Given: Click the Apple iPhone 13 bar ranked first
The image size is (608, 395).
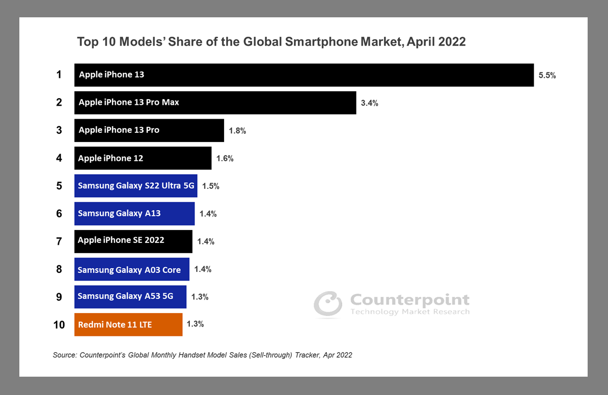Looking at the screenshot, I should [303, 75].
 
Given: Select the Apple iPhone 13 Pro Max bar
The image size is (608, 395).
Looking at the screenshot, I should [215, 103].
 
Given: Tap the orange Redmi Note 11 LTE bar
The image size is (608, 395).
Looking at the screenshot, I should [128, 325].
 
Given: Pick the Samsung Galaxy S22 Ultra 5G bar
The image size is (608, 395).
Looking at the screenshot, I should [136, 186].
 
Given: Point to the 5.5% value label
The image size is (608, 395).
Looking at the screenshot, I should [547, 75].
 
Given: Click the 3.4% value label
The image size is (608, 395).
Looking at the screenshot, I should [369, 103].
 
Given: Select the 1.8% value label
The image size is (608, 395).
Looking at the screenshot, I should [237, 131].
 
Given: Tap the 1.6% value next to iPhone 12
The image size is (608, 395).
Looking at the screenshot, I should [225, 158].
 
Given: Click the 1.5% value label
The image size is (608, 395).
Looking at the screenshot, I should [210, 186].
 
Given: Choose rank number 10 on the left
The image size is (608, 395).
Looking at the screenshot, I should [59, 325].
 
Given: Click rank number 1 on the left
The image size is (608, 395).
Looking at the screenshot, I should [59, 75].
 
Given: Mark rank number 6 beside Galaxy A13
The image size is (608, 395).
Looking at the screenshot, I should [59, 214].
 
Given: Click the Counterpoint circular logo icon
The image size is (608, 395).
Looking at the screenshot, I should [327, 304].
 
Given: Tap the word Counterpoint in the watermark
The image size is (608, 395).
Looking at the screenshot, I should [409, 300].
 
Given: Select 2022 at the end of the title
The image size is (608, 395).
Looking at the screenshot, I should [451, 42].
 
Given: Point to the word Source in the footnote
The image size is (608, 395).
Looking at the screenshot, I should [64, 355].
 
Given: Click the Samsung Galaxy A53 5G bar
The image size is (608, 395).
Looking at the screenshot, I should [130, 297].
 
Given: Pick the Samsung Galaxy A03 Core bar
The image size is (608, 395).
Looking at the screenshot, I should [132, 269].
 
